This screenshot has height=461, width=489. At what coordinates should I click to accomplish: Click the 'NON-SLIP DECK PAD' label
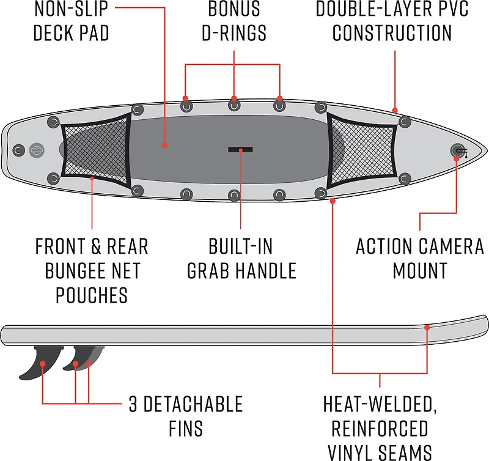coord(71,20)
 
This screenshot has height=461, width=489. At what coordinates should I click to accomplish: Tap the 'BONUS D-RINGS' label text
coord(234,20)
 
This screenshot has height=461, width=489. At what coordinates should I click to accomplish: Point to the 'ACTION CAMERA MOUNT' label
coord(419,258)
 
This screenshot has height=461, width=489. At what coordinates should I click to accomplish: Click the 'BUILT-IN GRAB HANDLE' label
coord(241,258)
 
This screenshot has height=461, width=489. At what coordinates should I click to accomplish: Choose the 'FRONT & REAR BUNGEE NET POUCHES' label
coord(92,270)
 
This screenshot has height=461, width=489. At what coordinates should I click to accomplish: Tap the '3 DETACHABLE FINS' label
coord(186,416)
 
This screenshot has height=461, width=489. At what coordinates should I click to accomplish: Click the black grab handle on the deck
coord(241,149)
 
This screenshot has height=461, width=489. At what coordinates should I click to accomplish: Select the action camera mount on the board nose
coord(457,150)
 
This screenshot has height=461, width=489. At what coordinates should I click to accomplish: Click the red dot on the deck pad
coord(165,146)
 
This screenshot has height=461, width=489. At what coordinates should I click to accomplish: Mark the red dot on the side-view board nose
coord(427,328)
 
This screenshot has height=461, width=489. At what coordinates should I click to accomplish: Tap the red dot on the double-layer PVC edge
coord(395,111)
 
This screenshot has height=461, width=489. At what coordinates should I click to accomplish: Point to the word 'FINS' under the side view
coord(186,429)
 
